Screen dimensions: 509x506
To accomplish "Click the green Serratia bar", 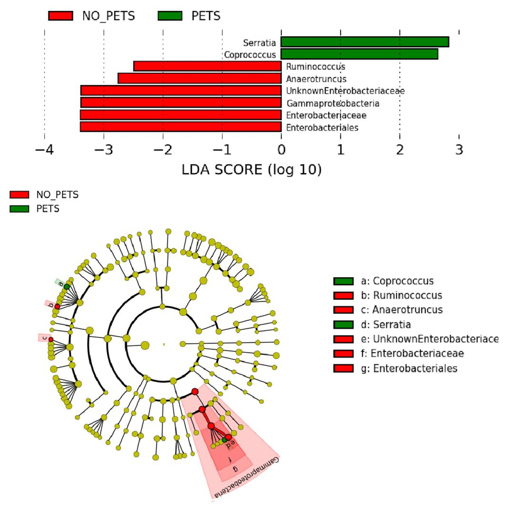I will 365,42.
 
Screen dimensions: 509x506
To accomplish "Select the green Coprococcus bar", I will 359,54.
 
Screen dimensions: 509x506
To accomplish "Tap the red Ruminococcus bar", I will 207,66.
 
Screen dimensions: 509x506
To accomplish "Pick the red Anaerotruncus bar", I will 200,78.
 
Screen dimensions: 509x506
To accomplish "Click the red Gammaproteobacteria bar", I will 181,103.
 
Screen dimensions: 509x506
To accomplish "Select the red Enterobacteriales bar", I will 181,127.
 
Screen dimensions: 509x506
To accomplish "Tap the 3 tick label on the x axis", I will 459,150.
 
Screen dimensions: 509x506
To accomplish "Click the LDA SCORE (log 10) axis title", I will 251,170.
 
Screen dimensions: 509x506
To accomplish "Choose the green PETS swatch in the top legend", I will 170,16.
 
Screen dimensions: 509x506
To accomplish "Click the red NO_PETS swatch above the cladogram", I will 19,195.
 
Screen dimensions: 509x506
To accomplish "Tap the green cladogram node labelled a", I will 67,287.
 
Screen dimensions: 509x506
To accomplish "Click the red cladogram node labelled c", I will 51,339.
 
